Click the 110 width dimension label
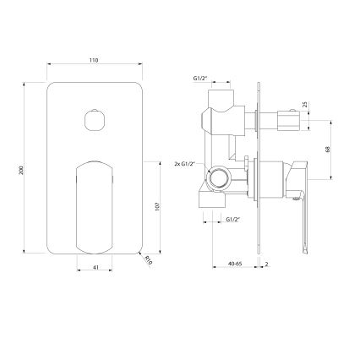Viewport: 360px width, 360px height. (94, 60)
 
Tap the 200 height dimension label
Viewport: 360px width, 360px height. (20, 171)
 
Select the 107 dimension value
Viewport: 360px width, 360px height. (157, 206)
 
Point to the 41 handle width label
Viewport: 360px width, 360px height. (95, 267)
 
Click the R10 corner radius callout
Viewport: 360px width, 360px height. (149, 260)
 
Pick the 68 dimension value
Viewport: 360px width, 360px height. (327, 150)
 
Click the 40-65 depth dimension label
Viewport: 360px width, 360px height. (235, 264)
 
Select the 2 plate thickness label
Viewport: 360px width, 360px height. (266, 264)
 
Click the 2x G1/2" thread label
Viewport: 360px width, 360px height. (185, 164)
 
